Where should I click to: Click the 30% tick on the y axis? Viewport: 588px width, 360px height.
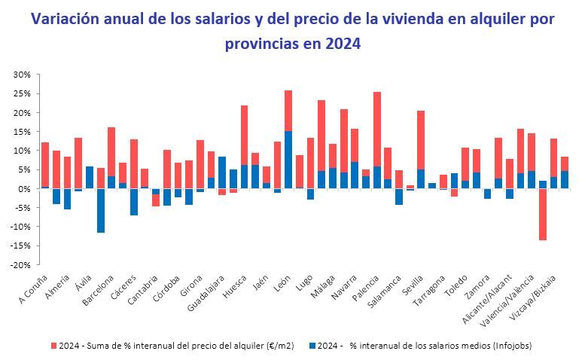tap(20, 75)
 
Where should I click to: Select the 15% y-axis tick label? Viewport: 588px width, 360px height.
tap(20, 132)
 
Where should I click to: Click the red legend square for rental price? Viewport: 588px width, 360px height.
tap(53, 346)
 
